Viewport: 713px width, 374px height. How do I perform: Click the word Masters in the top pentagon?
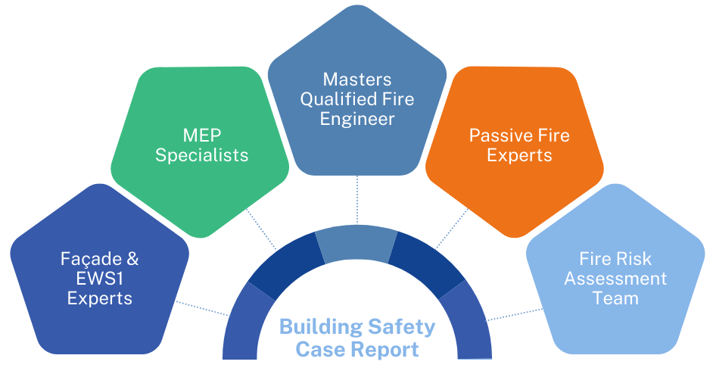[356, 79]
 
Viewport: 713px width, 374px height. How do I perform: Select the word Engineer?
[356, 119]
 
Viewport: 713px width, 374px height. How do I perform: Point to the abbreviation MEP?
[202, 136]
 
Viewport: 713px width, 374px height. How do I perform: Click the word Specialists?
[202, 155]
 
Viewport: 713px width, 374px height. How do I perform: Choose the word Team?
[615, 298]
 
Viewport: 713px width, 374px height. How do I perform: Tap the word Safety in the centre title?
[401, 328]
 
